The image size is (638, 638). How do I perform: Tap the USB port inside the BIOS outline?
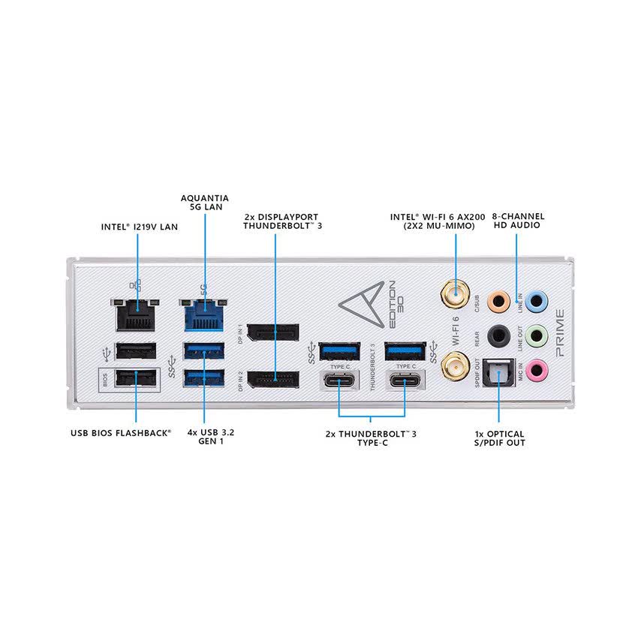(x=136, y=377)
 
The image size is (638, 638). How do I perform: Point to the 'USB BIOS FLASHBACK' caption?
(x=121, y=433)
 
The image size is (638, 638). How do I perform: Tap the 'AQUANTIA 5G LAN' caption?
(x=204, y=203)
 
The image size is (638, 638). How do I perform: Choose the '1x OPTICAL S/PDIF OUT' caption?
(x=499, y=438)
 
